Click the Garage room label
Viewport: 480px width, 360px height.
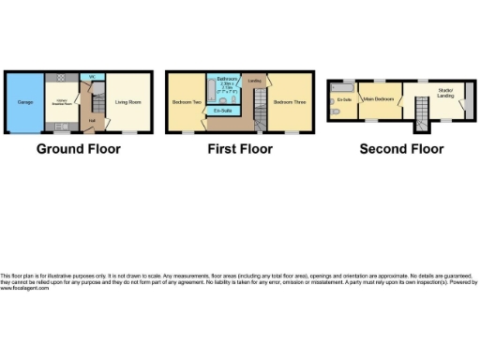[24, 102]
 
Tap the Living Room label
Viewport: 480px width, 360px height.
[127, 102]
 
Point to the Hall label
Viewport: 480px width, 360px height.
[92, 120]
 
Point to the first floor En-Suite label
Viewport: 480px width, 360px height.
[222, 111]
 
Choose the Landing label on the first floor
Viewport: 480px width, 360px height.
[253, 81]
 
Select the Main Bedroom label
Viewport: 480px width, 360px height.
[378, 97]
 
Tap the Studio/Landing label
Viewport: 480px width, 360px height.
[444, 92]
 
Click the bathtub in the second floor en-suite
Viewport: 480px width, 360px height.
[344, 87]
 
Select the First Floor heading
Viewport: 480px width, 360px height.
[240, 148]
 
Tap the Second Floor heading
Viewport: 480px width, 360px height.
[401, 148]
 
